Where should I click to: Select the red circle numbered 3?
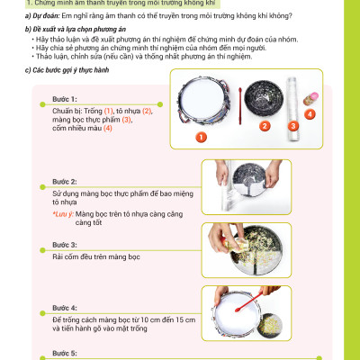291,126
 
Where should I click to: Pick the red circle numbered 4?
310,114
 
